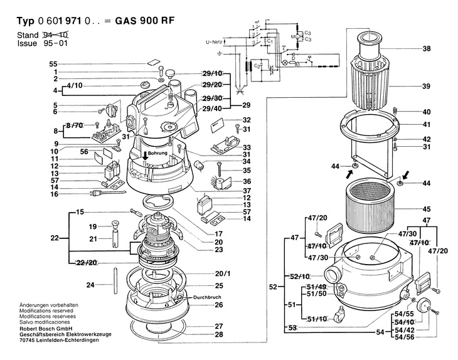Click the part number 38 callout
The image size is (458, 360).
tap(427, 49)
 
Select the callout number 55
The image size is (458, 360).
tap(53, 65)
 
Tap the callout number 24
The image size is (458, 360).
tap(90, 285)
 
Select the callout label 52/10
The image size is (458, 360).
tap(301, 277)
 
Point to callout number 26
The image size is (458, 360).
tap(218, 305)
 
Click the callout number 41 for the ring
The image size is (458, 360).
tap(427, 124)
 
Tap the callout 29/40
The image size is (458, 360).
tap(212, 109)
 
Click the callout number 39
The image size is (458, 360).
tap(427, 86)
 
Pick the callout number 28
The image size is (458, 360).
tap(218, 334)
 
